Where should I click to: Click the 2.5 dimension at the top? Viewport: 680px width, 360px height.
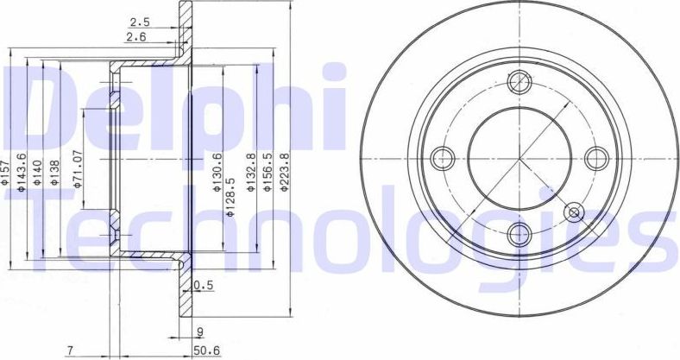pyautogui.click(x=138, y=22)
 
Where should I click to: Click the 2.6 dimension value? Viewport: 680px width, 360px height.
pyautogui.click(x=135, y=37)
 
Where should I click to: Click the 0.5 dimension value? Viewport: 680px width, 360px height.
pyautogui.click(x=204, y=286)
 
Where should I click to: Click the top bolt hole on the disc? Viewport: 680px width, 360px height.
pyautogui.click(x=519, y=83)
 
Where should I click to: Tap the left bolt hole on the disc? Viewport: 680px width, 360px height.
pyautogui.click(x=444, y=158)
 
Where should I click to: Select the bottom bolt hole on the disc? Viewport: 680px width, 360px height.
pyautogui.click(x=519, y=233)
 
